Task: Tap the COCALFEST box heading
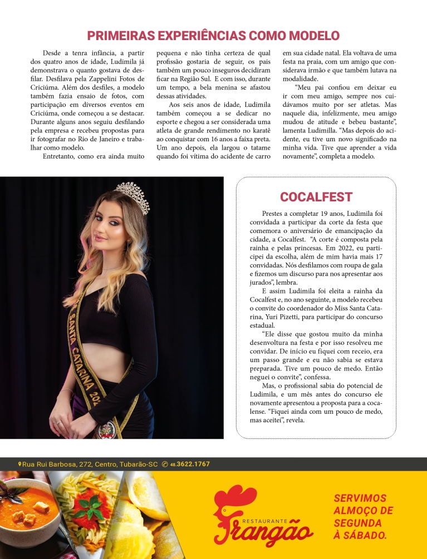coord(316,197)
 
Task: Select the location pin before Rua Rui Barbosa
coord(19,464)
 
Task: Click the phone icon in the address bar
coord(165,464)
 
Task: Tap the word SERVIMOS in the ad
coord(360,498)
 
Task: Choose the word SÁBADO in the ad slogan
coord(365,535)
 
